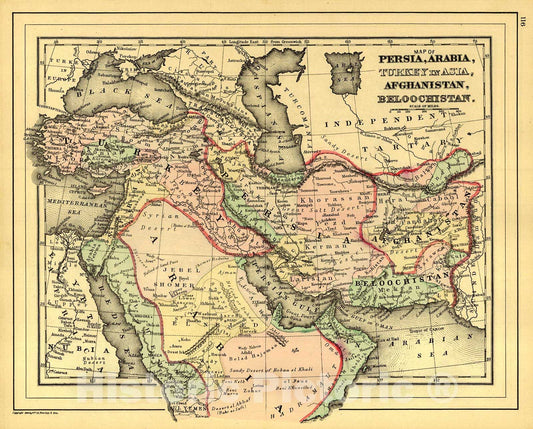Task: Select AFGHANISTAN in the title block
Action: [426, 87]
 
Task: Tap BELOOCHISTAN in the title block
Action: [426, 102]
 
